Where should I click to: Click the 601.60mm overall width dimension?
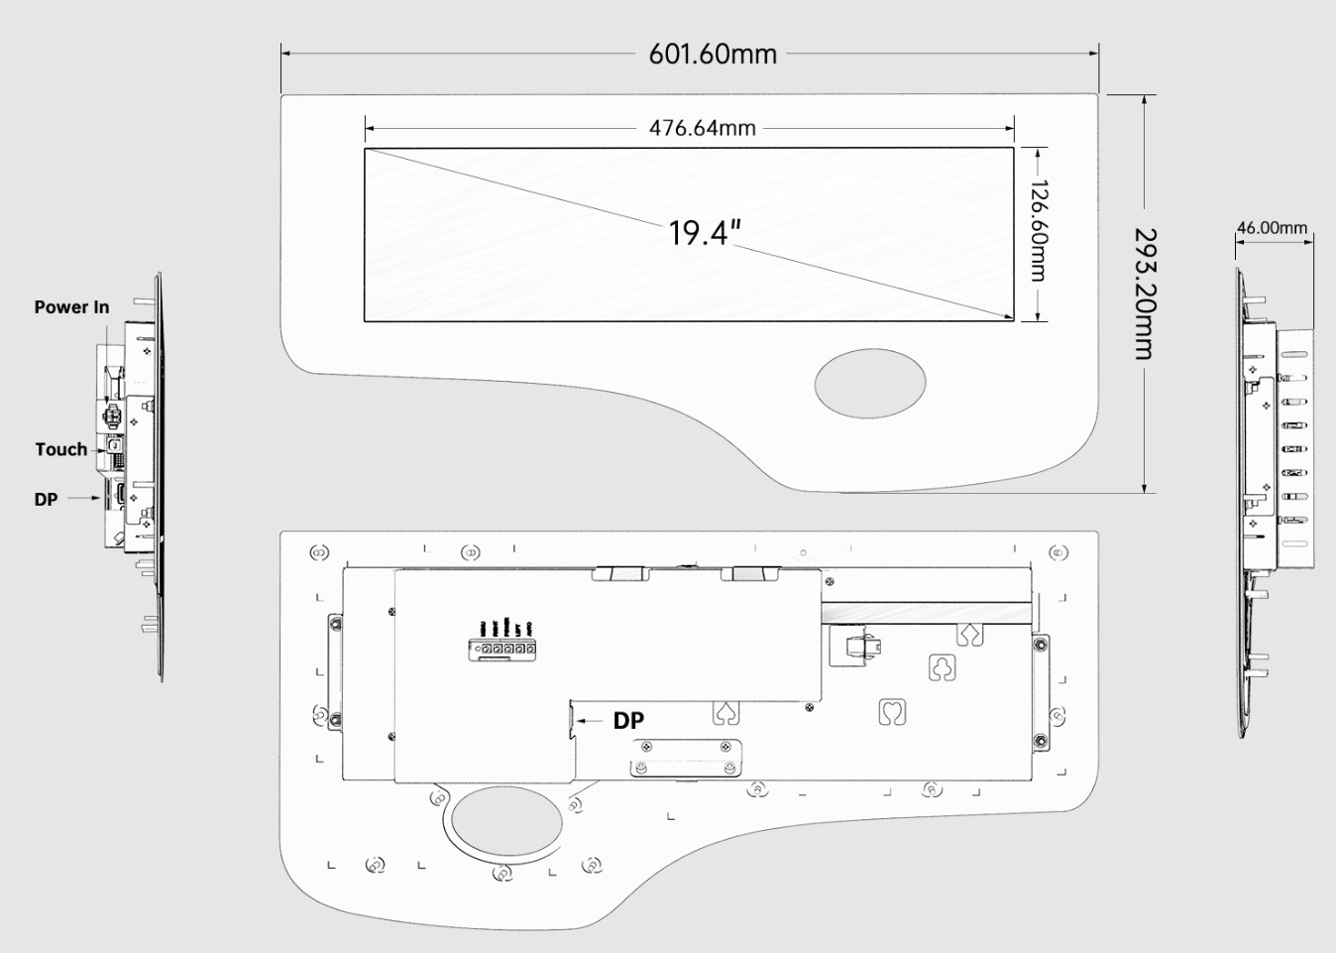[x=713, y=54]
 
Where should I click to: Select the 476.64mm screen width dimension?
[x=703, y=128]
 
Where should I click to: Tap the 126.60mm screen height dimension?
[x=1039, y=230]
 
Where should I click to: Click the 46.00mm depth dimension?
[x=1272, y=227]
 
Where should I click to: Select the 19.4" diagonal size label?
[x=705, y=233]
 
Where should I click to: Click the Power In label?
[x=71, y=306]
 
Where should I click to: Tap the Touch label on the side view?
[x=60, y=449]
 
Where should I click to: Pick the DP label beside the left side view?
[x=46, y=499]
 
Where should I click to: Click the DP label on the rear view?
[x=628, y=721]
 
